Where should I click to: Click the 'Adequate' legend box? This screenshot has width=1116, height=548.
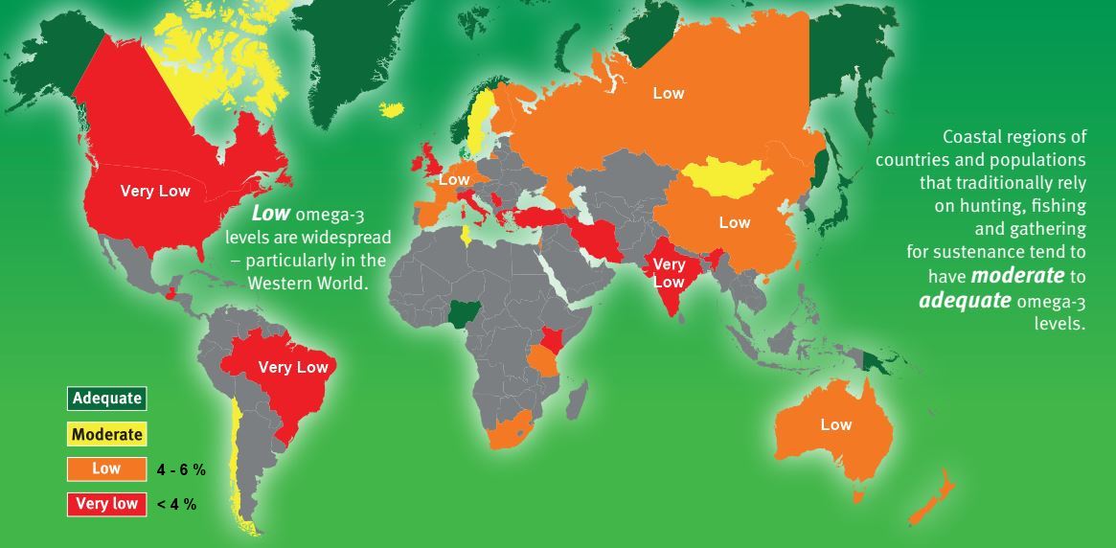point(105,398)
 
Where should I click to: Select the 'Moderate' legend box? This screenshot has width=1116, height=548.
point(105,434)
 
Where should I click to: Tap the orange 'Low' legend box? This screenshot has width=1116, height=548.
point(105,469)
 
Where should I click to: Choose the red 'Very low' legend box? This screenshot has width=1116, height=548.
point(105,504)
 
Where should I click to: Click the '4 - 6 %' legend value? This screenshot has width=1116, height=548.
point(182,469)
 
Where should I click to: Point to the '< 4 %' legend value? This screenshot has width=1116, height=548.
point(176,504)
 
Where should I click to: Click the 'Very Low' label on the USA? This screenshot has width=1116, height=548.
point(155,191)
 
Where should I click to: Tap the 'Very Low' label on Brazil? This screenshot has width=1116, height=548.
point(293,367)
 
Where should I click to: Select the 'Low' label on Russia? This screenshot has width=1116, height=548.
point(669,93)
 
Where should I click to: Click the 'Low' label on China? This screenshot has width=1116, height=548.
point(735,222)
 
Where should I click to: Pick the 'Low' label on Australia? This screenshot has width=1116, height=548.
point(836,424)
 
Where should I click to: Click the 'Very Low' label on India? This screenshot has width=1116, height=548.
point(669,273)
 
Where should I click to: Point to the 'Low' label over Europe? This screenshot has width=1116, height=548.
point(454,179)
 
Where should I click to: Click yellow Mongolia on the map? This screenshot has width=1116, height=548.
point(728,175)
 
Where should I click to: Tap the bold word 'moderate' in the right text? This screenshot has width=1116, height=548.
point(1014,277)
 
